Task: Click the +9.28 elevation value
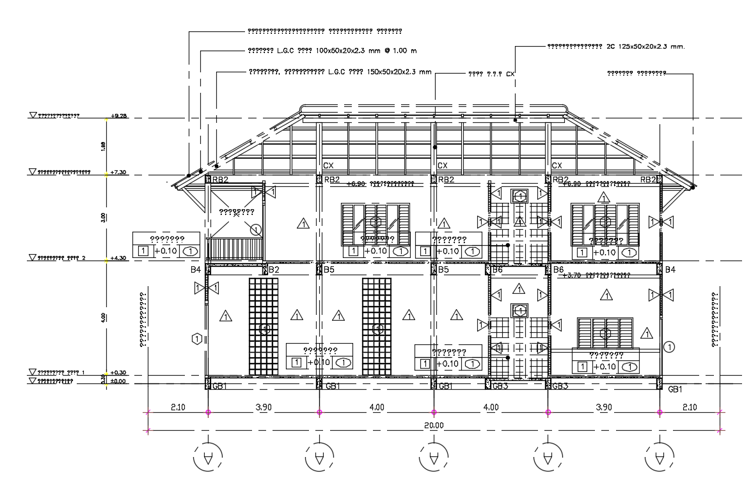(x=119, y=116)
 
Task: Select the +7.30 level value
(x=119, y=172)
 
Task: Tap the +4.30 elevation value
(x=119, y=258)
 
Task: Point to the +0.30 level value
(x=119, y=373)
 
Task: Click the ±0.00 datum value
(x=119, y=381)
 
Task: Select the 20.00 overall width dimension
(x=433, y=425)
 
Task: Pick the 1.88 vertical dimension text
(x=104, y=146)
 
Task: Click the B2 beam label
(x=274, y=270)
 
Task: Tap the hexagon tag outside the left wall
(x=197, y=337)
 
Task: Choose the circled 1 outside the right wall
(x=670, y=347)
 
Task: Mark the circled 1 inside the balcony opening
(x=256, y=229)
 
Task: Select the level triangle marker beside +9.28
(x=33, y=115)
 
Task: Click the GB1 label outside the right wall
(x=676, y=389)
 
